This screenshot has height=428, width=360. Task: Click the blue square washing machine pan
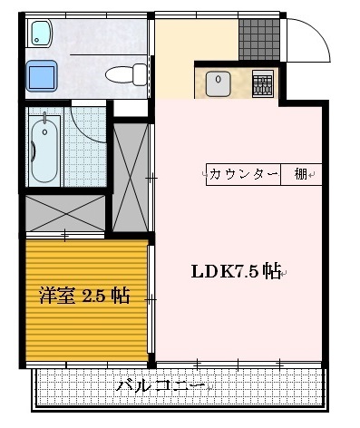(41, 74)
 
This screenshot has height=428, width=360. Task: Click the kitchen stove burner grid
(261, 84)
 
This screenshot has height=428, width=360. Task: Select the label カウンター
(242, 173)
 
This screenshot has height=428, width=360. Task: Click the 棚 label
(300, 173)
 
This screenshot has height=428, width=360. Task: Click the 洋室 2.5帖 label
(83, 296)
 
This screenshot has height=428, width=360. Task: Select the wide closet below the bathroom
(65, 212)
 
